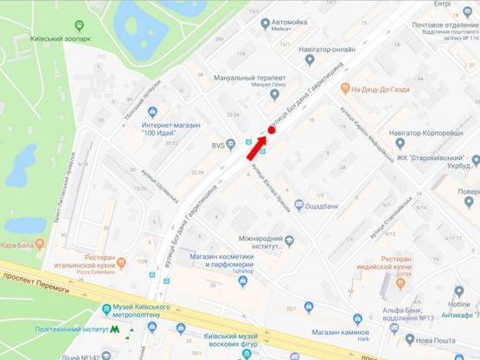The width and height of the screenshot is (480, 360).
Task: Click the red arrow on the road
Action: (x=251, y=148)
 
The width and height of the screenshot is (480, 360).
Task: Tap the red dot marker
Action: (x=271, y=130)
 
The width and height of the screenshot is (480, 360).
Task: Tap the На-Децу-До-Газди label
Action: (x=394, y=89)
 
